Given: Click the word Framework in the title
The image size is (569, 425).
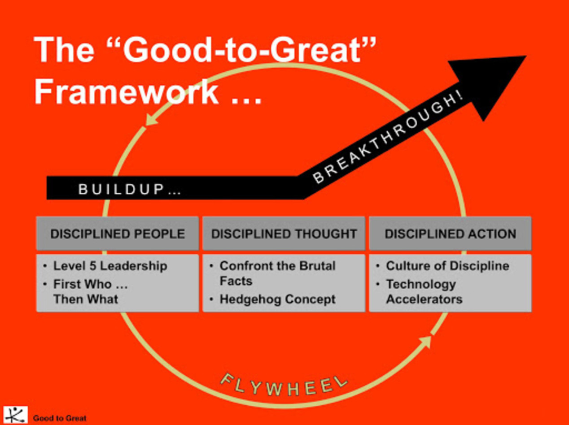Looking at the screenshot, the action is pos(126,91).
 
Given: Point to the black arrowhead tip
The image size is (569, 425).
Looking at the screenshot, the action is pos(526,56).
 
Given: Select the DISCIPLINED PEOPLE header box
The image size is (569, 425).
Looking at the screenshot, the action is pos(118,234).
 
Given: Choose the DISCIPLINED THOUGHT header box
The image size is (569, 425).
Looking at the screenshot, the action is pos(284,234).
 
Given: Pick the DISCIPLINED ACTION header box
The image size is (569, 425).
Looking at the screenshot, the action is pos(450,234).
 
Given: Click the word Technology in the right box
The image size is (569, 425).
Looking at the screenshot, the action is pos(421,284).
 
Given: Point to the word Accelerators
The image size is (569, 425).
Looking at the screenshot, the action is pos(424,299).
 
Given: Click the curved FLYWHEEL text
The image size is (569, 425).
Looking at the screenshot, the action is pos(284,386).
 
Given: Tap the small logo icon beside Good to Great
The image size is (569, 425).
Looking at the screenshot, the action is pos(15,415).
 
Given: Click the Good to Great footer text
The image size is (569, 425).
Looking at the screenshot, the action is pos(60,418).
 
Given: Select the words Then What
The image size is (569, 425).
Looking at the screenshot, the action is pos(86,299).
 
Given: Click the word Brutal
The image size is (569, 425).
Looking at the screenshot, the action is pos(317,266).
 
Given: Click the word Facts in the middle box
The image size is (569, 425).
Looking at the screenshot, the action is pos(236,281).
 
